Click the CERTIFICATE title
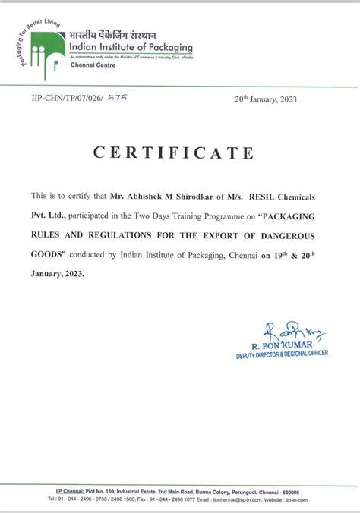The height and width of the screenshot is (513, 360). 173,153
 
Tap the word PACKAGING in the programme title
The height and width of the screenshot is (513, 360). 298,213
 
